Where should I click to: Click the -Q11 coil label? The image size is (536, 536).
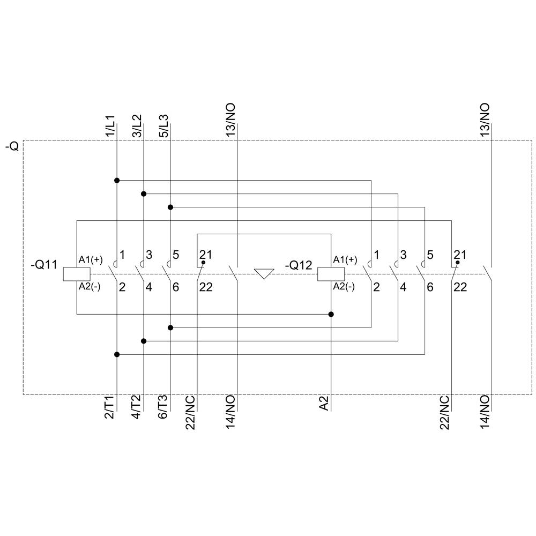tap(44, 264)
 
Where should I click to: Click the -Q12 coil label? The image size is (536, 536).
tap(298, 264)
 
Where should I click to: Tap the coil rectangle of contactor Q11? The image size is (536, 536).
tap(77, 274)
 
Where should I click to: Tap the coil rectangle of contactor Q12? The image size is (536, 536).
tap(331, 274)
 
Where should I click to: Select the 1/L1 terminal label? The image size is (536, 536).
tap(110, 126)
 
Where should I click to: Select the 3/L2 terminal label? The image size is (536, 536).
tap(137, 126)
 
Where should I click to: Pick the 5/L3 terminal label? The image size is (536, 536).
tap(163, 126)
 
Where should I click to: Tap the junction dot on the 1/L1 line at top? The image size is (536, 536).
tap(117, 180)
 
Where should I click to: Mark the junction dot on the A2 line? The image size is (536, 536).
tap(331, 314)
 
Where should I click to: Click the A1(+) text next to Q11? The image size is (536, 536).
tap(91, 260)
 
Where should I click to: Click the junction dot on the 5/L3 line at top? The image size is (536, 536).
tap(170, 207)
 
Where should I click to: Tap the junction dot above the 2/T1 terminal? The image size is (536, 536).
tap(117, 354)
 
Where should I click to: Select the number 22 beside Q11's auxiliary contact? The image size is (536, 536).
tap(205, 287)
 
